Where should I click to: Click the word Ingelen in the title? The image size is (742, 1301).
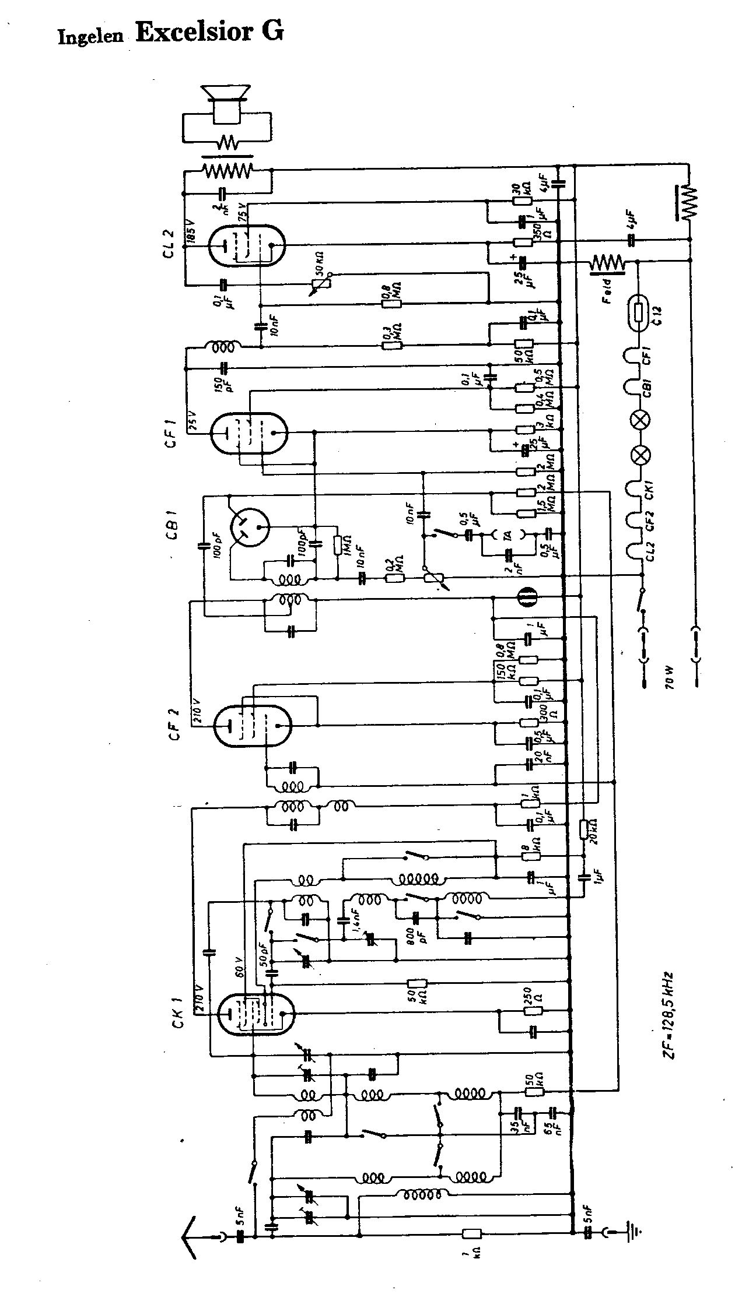pos(91,36)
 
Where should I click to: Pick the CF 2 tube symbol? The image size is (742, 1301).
pos(252,725)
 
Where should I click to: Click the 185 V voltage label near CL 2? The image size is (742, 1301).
pos(191,233)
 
